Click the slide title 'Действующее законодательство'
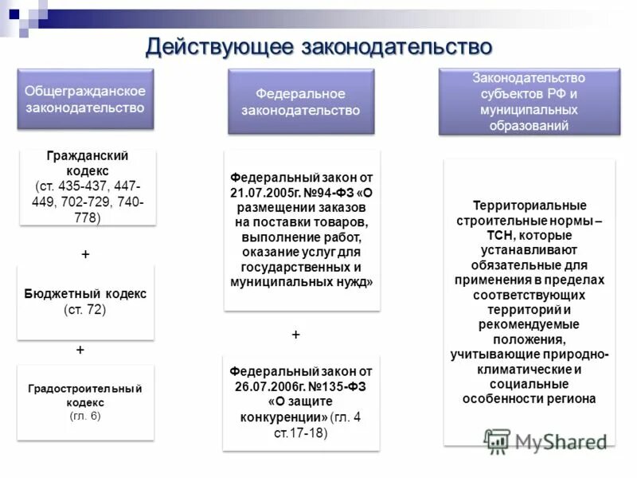tap(318, 46)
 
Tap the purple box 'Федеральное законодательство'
tap(301, 102)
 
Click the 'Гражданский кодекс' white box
tap(88, 188)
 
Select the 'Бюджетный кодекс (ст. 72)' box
tap(85, 302)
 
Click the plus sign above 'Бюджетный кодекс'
tap(85, 254)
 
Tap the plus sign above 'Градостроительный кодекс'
tap(80, 350)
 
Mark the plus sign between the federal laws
tap(295, 335)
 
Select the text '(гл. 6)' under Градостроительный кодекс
tap(85, 416)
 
